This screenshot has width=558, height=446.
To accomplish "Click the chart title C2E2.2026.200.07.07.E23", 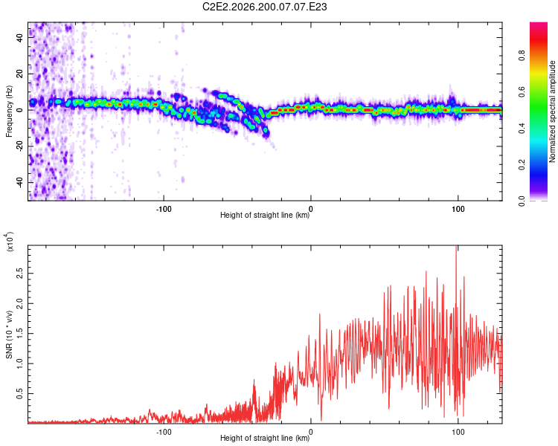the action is [x=264, y=7].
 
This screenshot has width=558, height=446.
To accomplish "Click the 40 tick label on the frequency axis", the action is [x=20, y=37].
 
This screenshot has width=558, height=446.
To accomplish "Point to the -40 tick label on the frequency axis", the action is [x=20, y=182].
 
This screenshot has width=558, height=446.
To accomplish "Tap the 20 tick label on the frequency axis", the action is [x=20, y=74].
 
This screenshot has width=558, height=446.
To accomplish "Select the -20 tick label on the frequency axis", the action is [x=20, y=146].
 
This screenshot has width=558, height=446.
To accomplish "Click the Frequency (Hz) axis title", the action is [x=9, y=111].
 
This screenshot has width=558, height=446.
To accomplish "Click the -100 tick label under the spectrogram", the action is [x=164, y=209].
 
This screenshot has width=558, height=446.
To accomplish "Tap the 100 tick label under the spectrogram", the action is [x=458, y=209].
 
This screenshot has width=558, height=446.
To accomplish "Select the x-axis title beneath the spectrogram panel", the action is [x=265, y=215].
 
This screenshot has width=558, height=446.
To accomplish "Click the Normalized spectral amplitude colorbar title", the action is [x=552, y=111].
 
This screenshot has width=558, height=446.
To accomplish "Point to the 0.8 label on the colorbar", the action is [x=522, y=56].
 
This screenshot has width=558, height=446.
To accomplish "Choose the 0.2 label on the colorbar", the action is [x=522, y=165].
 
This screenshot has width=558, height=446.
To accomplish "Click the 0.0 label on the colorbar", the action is [x=522, y=201].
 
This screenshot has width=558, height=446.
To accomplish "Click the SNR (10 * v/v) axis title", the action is [x=9, y=334].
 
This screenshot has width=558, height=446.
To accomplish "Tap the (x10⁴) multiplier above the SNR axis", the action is [x=10, y=242].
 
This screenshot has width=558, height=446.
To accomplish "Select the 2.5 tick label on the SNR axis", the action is [x=20, y=274].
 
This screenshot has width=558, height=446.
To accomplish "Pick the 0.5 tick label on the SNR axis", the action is [x=20, y=394].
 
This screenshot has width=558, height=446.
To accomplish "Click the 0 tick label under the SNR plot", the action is [x=311, y=432].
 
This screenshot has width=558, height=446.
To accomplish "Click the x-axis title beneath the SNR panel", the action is [x=265, y=438].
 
